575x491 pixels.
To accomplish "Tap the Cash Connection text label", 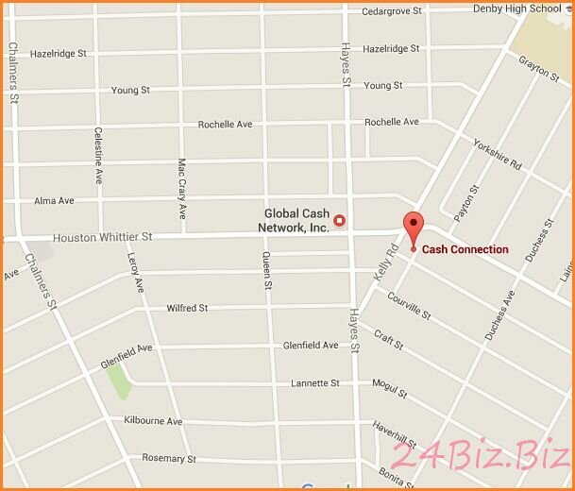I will tap(465, 250).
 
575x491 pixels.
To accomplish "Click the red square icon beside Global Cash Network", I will tap(341, 221).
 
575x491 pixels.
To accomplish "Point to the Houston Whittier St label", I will tap(103, 237).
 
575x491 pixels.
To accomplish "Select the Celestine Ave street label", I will tap(98, 156).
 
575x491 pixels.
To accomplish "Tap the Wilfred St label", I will tap(187, 309).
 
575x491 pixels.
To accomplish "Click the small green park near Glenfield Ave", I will tap(117, 381).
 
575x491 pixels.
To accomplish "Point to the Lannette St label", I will tap(314, 383).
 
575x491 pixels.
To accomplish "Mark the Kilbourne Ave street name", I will tap(153, 420).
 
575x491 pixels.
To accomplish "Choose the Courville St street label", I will tap(409, 304).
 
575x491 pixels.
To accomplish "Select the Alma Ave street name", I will tap(54, 201).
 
